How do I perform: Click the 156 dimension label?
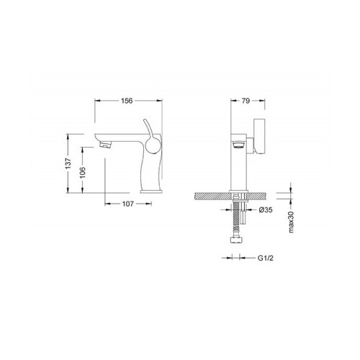tap(127, 101)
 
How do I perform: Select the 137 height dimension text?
tap(68, 163)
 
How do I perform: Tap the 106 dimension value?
tap(83, 173)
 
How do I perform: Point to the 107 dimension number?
tap(128, 204)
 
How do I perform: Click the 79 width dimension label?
tap(246, 101)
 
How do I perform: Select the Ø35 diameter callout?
tap(266, 210)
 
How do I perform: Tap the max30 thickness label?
tap(292, 222)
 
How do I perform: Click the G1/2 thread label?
tap(266, 258)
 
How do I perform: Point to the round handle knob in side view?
tap(153, 145)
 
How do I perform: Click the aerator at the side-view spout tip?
tap(105, 145)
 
